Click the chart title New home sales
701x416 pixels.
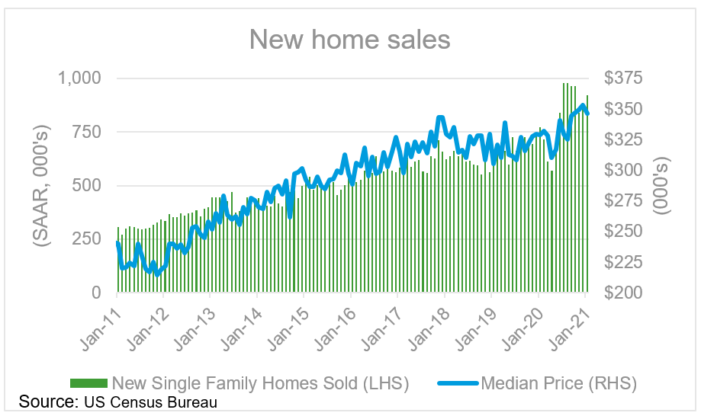[350, 39]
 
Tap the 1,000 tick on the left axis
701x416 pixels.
[79, 78]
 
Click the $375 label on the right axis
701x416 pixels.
[624, 78]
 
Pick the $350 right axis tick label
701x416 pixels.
[624, 109]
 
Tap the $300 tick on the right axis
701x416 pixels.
[624, 170]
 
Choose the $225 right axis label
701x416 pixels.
[624, 262]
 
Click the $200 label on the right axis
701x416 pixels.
[624, 293]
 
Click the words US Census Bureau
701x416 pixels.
[147, 402]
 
